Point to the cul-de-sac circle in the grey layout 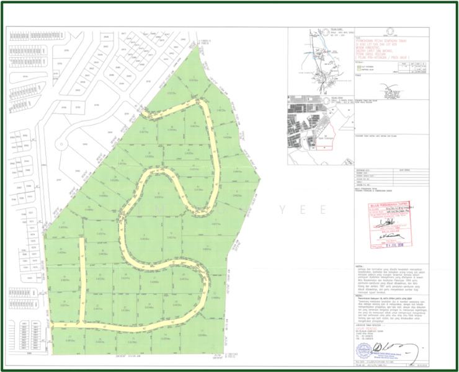point(61,145)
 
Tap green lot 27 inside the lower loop point(151,276)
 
